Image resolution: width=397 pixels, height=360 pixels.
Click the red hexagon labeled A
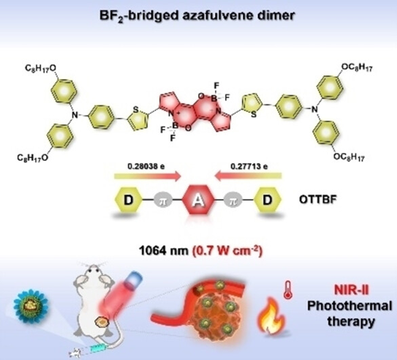click(x=199, y=200)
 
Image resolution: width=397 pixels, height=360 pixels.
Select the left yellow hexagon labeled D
click(x=129, y=200)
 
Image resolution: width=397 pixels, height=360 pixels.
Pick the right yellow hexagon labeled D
click(x=268, y=200)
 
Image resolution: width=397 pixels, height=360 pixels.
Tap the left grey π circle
click(x=163, y=200)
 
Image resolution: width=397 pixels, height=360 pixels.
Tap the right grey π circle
click(x=233, y=200)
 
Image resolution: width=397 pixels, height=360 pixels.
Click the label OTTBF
click(x=318, y=200)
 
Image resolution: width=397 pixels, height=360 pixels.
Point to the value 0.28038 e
click(x=146, y=166)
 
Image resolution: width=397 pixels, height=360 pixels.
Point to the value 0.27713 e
click(x=249, y=166)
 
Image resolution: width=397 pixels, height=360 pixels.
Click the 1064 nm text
click(x=164, y=251)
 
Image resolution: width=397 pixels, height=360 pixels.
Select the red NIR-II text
click(x=352, y=290)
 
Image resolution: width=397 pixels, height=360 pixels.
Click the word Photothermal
click(x=349, y=306)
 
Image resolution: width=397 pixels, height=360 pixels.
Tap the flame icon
click(x=271, y=314)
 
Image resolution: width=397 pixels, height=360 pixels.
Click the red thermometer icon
click(x=288, y=290)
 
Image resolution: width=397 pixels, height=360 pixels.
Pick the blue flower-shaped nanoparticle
click(x=31, y=307)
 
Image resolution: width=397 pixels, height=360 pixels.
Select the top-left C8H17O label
click(x=41, y=68)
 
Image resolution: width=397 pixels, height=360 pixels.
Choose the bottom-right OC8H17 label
click(x=349, y=157)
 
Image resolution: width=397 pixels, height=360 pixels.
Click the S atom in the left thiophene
click(x=136, y=110)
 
